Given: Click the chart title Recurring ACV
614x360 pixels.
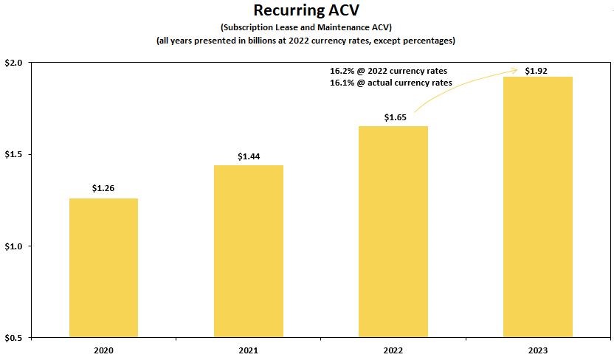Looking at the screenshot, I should tap(306, 11).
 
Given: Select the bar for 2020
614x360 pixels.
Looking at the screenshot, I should tap(103, 267).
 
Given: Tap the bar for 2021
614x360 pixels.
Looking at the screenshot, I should tap(249, 251).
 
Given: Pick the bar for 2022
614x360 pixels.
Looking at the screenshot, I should tap(393, 232).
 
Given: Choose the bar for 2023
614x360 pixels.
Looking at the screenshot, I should tap(538, 207).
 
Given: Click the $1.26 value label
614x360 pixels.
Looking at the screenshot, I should tap(103, 189).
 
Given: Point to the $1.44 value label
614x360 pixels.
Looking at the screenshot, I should tap(249, 156).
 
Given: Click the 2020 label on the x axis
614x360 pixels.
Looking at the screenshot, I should tap(103, 350).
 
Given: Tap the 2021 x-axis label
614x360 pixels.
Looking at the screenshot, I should tap(249, 350).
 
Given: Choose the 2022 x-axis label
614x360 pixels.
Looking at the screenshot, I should tap(393, 350).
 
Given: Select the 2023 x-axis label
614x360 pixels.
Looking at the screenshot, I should tap(538, 350).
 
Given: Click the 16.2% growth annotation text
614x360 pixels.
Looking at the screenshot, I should tap(388, 71).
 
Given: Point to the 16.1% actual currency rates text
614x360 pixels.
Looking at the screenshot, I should tap(390, 83).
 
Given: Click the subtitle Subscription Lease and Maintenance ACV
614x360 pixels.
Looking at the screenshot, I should tap(306, 27).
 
